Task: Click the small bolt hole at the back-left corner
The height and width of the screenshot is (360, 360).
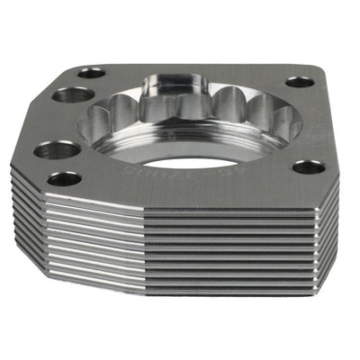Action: coord(91,73)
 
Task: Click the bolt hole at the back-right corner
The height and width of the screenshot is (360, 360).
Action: coord(300,81)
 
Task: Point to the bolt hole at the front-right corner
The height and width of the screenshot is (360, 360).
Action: coord(308,166)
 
